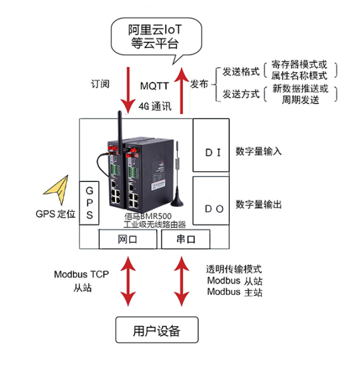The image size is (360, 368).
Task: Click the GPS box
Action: pos(90,202)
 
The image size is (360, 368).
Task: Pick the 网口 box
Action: pos(127,239)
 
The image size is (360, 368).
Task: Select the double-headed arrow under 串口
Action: pos(182,280)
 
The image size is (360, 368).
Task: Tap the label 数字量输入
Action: pos(258,152)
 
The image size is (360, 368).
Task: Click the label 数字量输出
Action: pos(258,204)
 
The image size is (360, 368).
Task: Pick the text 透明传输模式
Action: pos(234,269)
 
